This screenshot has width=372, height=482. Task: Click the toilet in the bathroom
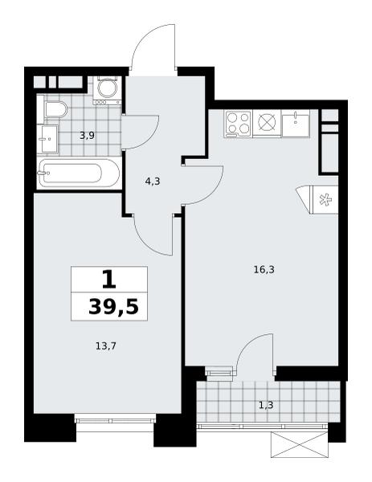pos(56,109)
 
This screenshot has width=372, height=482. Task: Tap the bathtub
pos(79,174)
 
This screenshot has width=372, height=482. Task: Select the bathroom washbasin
pos(47,139)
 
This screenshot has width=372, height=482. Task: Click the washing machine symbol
pos(108,89)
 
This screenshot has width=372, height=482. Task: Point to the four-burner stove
pos(239,124)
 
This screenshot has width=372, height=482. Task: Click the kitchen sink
pos(296,123)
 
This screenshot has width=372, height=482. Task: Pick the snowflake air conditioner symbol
pos(325,200)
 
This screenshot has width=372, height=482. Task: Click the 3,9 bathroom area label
pos(87,136)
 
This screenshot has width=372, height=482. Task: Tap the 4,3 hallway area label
pos(153,182)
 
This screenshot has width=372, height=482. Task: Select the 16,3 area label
pos(264,270)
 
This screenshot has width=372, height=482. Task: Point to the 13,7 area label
pos(105,346)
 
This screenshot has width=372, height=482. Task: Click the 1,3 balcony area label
pos(266,406)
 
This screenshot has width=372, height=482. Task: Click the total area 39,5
pos(113,308)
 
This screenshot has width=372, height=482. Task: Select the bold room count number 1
pos(109,280)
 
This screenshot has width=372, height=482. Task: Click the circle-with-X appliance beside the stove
pos(267,123)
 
